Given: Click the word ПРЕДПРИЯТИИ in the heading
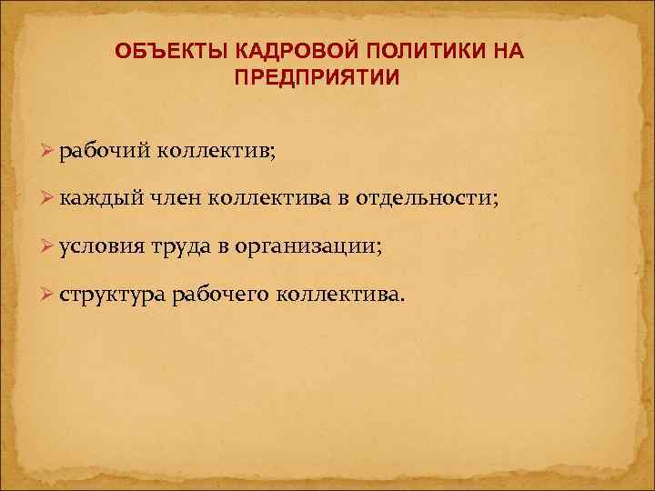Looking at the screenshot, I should click(316, 78).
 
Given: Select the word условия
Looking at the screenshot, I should click(103, 247).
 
